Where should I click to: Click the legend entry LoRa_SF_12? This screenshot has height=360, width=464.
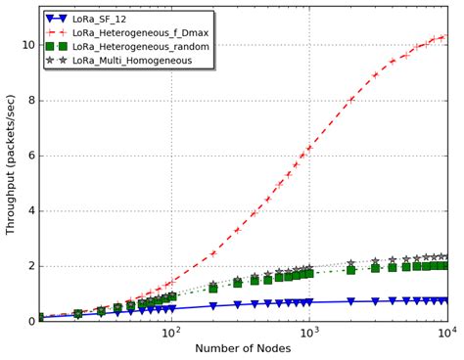[113, 19]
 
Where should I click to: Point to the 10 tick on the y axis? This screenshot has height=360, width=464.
[26, 45]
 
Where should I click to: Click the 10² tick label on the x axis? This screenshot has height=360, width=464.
[170, 333]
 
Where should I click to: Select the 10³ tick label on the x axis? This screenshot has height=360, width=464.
[309, 333]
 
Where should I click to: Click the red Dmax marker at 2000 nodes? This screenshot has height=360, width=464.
[351, 100]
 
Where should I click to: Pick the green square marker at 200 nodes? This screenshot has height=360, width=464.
[212, 289]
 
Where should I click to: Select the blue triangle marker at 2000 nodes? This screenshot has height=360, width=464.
[351, 301]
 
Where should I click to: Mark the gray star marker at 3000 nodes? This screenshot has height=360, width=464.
[376, 261]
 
